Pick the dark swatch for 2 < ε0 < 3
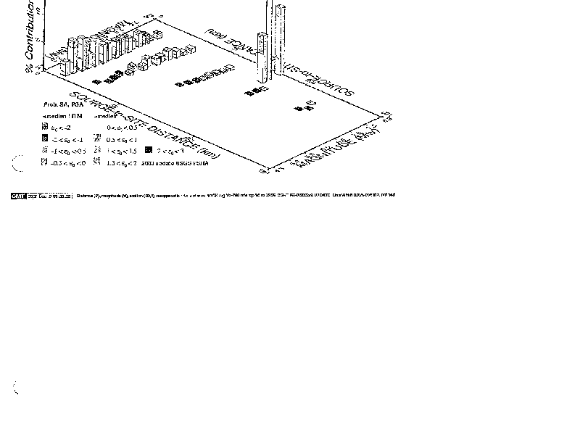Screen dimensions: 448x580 click(x=148, y=151)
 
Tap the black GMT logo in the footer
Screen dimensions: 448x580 click(x=19, y=195)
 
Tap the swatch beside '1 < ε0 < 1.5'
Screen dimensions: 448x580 click(x=97, y=151)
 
